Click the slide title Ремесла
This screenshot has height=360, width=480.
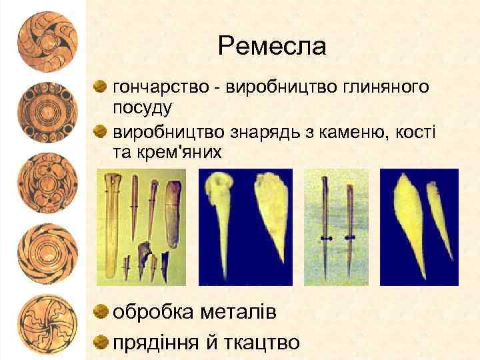(272, 46)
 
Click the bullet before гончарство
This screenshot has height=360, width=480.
(100, 86)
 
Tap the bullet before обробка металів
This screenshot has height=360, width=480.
(101, 311)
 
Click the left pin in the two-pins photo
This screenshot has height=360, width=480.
(325, 227)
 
